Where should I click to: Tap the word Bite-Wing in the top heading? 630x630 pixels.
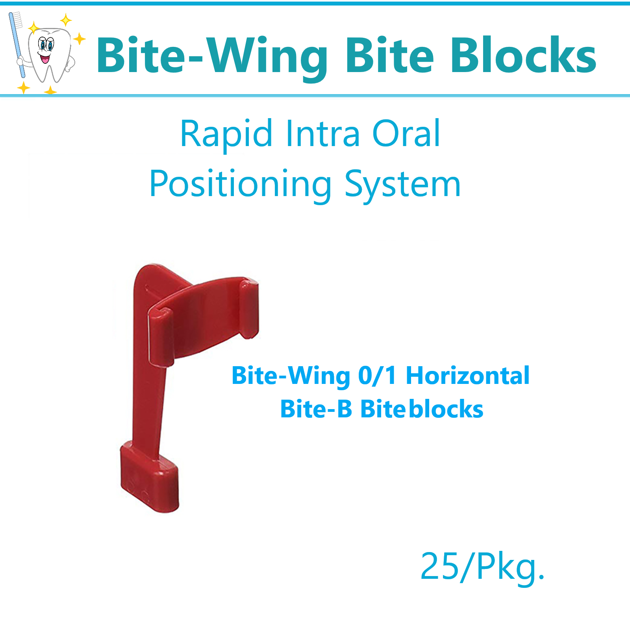pos(212,56)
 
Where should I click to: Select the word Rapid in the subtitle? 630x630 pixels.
pos(226,134)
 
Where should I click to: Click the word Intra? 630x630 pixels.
pos(322,134)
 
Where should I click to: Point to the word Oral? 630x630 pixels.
pos(406,134)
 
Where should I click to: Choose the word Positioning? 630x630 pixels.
pos(241,184)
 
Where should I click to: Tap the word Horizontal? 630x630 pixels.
pos(467,376)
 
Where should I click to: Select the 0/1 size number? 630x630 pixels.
pos(377,376)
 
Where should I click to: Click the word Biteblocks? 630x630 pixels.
pos(422,409)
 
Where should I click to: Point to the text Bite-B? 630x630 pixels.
pos(316,409)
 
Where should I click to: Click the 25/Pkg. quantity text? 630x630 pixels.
pos(482,567)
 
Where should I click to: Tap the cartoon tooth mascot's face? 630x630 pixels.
pos(46,49)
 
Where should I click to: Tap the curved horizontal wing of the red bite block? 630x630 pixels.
pos(205,315)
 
